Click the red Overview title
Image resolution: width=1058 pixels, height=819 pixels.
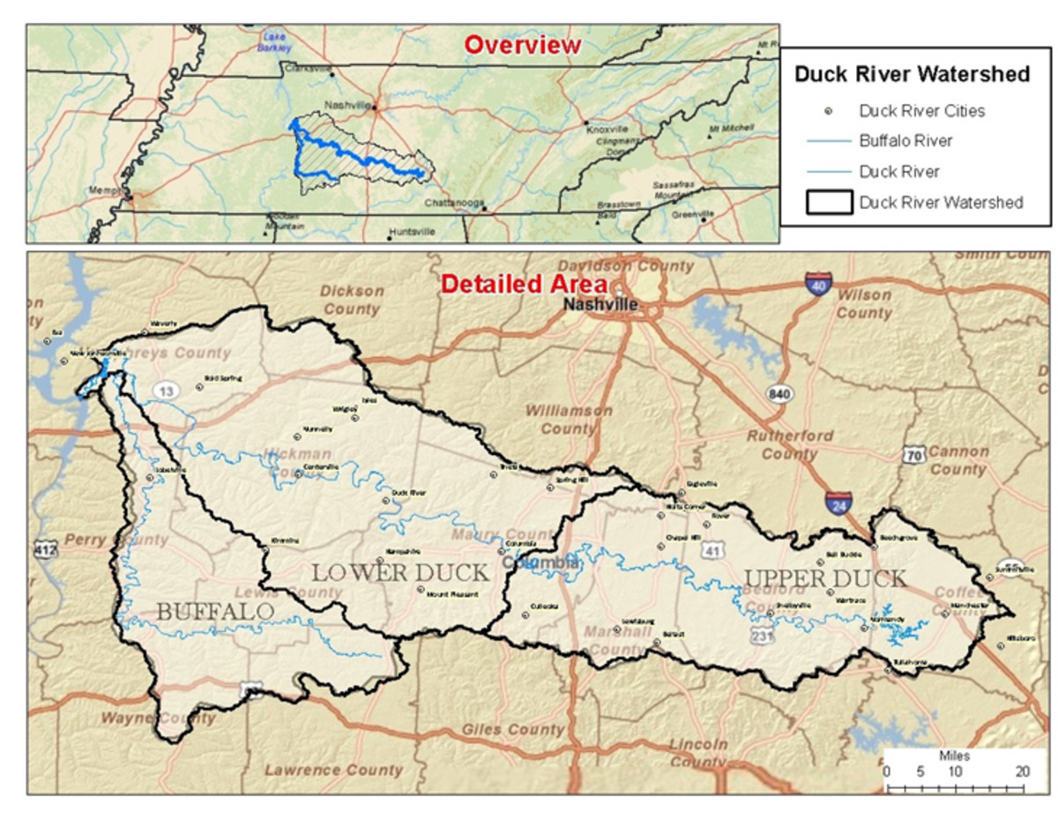523,45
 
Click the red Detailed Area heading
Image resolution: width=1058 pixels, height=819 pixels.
524,285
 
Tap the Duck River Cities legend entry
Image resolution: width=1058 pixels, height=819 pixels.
921,111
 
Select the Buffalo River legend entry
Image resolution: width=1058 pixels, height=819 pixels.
905,140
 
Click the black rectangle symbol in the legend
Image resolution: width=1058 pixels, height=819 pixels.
829,202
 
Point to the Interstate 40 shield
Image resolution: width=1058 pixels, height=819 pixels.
818,284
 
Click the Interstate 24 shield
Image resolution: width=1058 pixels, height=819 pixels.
839,504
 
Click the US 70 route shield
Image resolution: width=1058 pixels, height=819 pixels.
913,455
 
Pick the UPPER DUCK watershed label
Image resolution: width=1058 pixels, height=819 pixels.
824,579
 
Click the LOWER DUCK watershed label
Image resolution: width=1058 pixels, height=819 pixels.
399,572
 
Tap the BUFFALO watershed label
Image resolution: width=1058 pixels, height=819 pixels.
214,610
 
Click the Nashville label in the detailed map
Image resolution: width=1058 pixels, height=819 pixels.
601,305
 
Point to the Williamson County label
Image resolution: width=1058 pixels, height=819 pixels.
569,420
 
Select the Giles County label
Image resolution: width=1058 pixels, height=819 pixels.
511,730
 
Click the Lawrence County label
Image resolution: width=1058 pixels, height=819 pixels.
333,770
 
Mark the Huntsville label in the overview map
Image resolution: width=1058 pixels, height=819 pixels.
413,232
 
